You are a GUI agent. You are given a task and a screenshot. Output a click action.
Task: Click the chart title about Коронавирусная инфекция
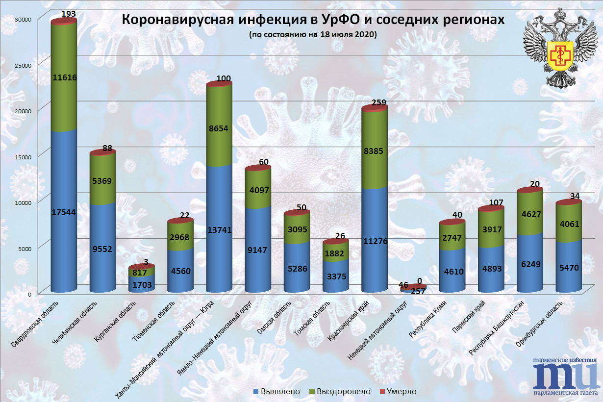[312, 20]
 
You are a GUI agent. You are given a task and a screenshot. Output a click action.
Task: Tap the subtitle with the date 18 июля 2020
[312, 35]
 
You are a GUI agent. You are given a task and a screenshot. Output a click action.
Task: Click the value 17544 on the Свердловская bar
[64, 212]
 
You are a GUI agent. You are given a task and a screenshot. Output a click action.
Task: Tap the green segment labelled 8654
[219, 129]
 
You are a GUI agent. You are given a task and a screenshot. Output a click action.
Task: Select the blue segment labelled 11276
[374, 241]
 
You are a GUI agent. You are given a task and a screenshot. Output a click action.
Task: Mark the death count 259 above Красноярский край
[379, 103]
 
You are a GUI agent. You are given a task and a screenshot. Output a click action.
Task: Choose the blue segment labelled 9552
[102, 249]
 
